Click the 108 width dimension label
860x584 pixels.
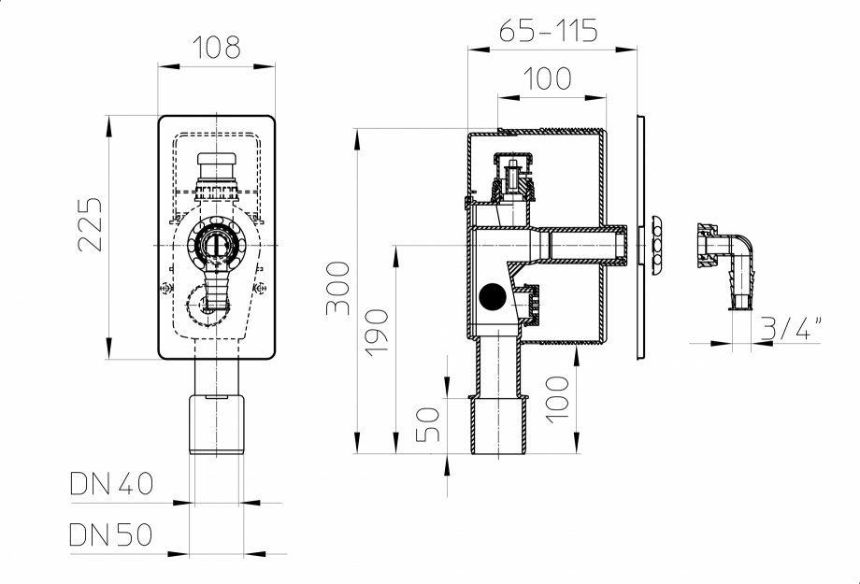point(217,46)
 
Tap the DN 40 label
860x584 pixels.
point(110,484)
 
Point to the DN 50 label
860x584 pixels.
point(110,534)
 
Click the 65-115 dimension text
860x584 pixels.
point(547,30)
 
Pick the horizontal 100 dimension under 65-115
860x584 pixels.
point(547,78)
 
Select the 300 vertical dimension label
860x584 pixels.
point(338,288)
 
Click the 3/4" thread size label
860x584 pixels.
point(791,327)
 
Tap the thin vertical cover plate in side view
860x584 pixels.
point(641,238)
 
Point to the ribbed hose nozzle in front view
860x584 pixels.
point(217,284)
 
